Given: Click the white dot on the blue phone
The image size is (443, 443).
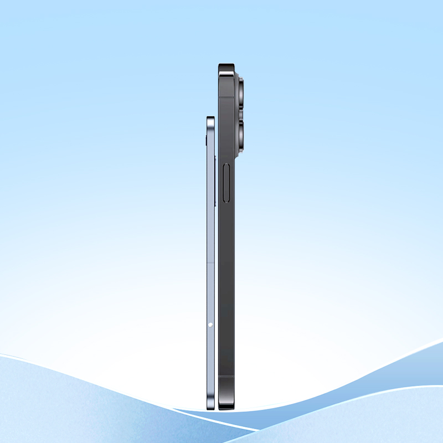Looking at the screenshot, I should pyautogui.click(x=210, y=324).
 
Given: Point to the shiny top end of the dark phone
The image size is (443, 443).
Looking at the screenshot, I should pyautogui.click(x=226, y=68).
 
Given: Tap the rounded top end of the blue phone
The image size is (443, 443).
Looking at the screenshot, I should pyautogui.click(x=210, y=119).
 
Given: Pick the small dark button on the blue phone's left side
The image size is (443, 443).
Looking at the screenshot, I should pyautogui.click(x=207, y=139).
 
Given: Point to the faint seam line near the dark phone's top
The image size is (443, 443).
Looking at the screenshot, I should pyautogui.click(x=226, y=99).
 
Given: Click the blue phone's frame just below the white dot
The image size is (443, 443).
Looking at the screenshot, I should pyautogui.click(x=210, y=354).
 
